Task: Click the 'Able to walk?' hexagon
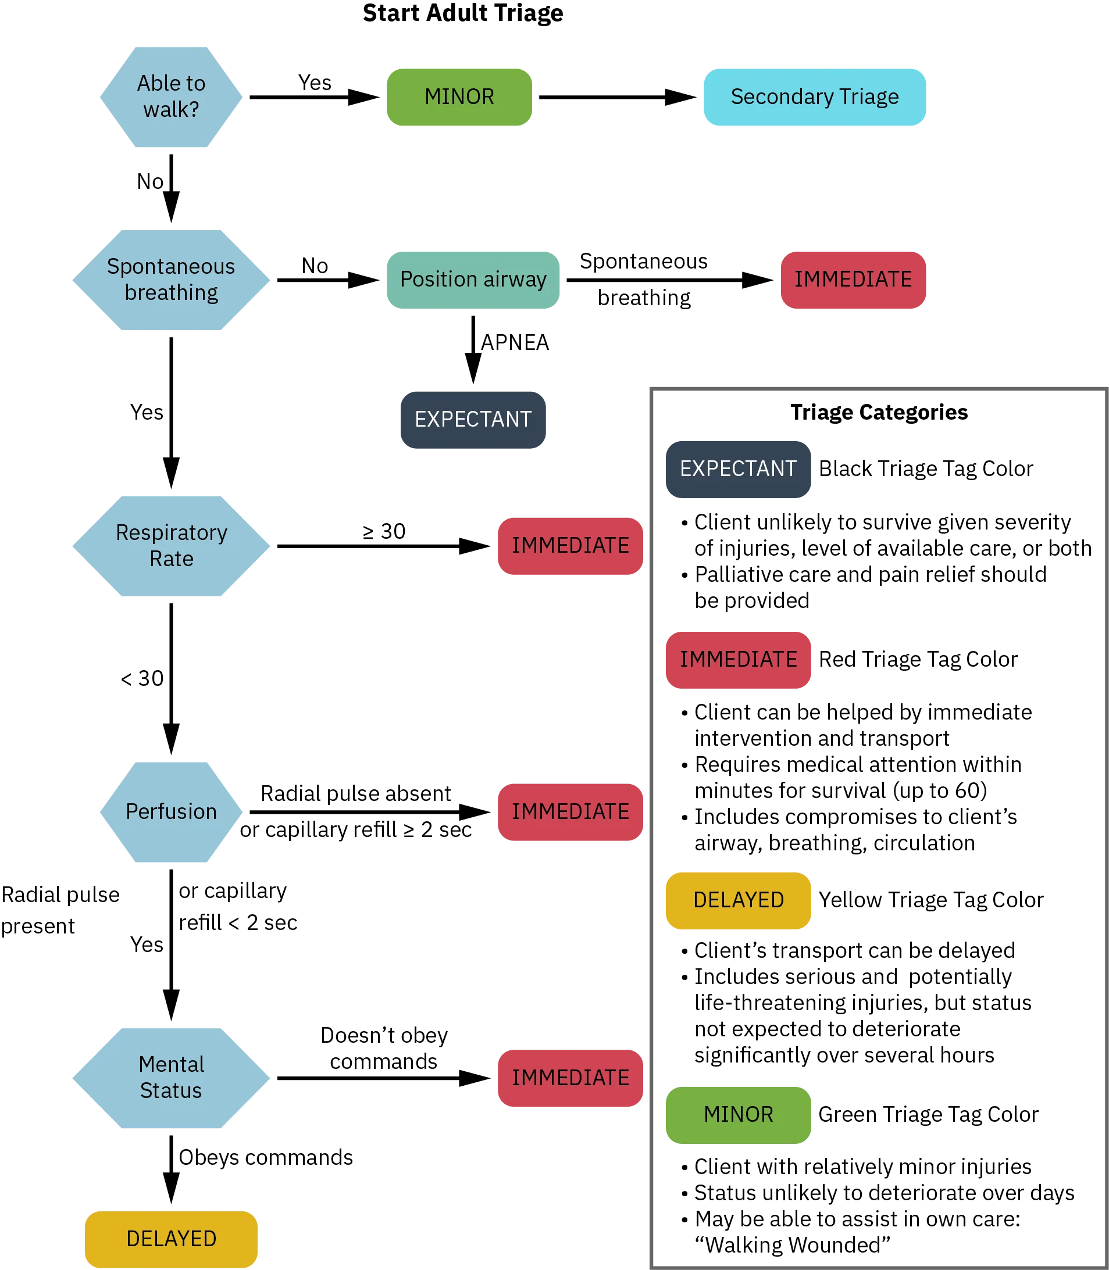point(172,97)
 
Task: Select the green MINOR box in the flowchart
point(460,97)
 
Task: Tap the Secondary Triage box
point(815,97)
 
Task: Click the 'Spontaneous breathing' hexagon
point(172,279)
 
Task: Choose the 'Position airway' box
point(473,280)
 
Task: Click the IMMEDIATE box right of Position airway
point(853,280)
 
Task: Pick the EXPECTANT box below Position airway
point(473,420)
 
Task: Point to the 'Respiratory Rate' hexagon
point(172,546)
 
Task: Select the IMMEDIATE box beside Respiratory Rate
point(570,546)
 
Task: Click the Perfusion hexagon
point(172,811)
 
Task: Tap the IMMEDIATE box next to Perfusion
point(570,811)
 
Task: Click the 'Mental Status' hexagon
point(172,1078)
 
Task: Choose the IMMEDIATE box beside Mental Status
point(570,1078)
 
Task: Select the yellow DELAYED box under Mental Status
point(172,1239)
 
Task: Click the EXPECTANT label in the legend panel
point(739,469)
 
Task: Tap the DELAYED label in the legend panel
point(739,899)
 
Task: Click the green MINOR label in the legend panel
point(739,1114)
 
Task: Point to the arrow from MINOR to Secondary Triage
point(616,97)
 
